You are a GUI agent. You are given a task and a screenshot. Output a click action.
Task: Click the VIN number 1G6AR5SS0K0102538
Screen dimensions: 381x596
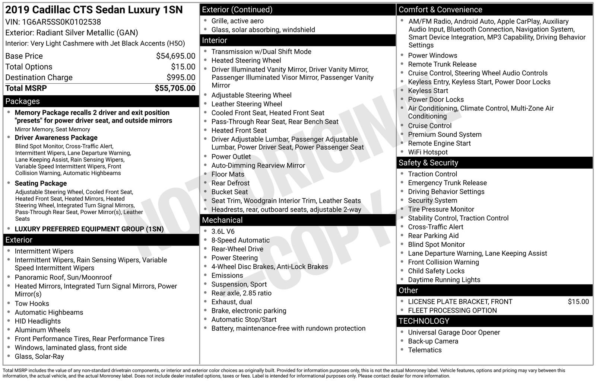(61, 22)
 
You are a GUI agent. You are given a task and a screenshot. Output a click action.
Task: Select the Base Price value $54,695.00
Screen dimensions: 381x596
(175, 56)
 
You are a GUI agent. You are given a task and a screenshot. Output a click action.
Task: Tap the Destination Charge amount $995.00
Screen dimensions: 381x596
(181, 78)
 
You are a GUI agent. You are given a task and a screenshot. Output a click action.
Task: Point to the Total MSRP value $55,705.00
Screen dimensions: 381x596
(175, 88)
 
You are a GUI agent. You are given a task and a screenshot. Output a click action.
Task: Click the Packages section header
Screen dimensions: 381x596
(23, 101)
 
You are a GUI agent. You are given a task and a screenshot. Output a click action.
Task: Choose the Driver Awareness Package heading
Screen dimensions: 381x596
(56, 138)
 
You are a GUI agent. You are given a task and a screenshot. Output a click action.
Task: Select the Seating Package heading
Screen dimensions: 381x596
(41, 183)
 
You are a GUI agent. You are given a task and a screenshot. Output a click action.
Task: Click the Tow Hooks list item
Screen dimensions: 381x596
(32, 304)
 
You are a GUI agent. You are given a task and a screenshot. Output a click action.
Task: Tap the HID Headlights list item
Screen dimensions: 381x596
(38, 321)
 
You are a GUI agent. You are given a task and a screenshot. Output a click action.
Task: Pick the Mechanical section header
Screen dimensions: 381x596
(222, 220)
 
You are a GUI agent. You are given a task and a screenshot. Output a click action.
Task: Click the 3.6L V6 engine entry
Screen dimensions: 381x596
(223, 231)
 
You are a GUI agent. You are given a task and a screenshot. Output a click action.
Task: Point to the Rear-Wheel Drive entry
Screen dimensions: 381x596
(237, 249)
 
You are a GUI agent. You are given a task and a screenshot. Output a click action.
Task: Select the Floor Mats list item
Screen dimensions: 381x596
(228, 174)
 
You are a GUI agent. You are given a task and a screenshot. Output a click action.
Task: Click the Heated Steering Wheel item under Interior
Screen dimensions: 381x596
(246, 61)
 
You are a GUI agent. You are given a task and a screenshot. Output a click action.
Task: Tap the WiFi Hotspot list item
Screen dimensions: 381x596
(428, 152)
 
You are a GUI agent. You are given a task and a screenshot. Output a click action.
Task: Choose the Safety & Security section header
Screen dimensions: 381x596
(428, 163)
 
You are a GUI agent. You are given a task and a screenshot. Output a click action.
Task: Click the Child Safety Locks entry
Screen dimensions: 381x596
(436, 271)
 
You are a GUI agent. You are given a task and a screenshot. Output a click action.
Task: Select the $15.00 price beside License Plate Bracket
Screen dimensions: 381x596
(578, 302)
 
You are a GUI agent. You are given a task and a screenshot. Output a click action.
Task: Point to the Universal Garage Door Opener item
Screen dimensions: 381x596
(454, 333)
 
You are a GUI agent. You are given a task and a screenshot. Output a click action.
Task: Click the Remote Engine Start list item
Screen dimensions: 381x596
(439, 144)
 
